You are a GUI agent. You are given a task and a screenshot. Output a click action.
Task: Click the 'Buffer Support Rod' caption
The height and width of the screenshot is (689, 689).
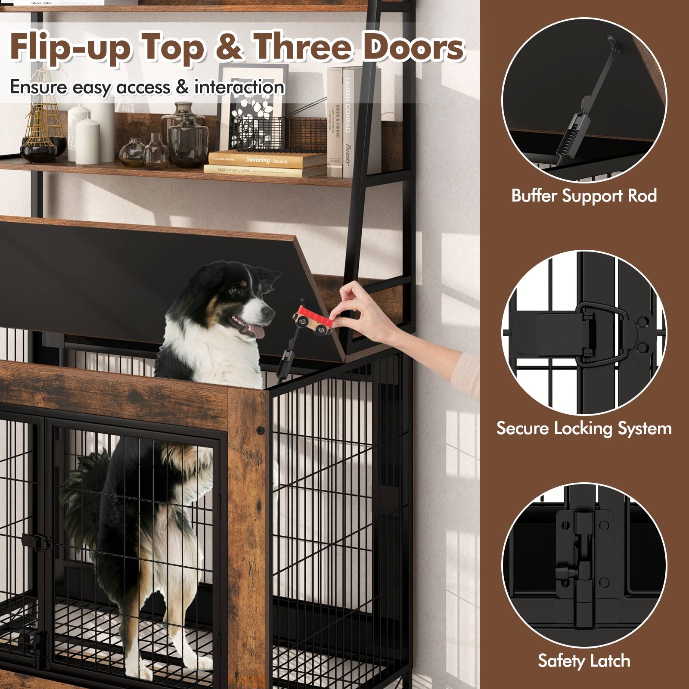584,196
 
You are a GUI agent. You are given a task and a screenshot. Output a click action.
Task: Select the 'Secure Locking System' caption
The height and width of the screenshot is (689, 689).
584,428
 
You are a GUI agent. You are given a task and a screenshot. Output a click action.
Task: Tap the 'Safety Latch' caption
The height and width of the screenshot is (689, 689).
584,661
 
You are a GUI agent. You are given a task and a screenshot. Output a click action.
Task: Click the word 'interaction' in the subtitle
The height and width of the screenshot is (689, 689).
239,87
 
